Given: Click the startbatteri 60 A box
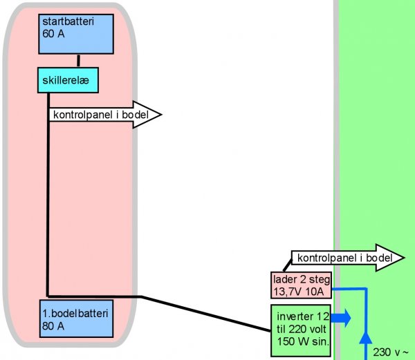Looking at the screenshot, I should (78, 33).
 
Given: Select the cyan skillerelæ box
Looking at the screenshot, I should (66, 80).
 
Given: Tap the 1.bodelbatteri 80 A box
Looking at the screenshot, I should (76, 318).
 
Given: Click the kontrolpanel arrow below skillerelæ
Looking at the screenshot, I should (104, 115).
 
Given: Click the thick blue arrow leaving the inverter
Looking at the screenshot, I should (341, 318).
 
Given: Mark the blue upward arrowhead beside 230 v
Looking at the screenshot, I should (367, 338).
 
